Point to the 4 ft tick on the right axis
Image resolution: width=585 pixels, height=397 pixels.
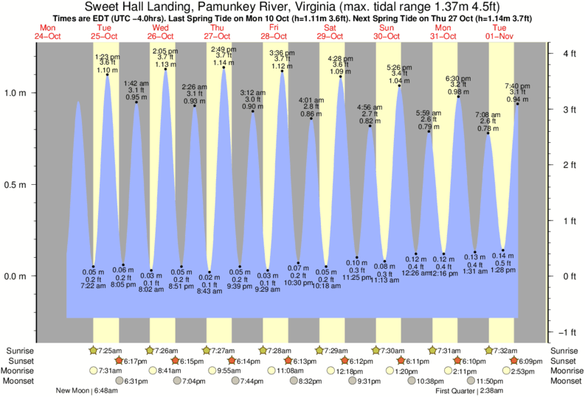coord(549,53)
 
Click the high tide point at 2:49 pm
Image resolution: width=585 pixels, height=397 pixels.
coord(224,69)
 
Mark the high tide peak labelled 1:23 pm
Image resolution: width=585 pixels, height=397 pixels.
coord(107,74)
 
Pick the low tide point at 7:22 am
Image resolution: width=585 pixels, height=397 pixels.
coord(93,267)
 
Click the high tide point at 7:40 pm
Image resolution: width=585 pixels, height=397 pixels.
coord(517,104)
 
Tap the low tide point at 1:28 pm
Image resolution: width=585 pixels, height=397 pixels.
coord(503,250)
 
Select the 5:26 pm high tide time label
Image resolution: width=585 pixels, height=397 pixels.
coord(399,68)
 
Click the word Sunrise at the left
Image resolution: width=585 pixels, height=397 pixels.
coord(18,350)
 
